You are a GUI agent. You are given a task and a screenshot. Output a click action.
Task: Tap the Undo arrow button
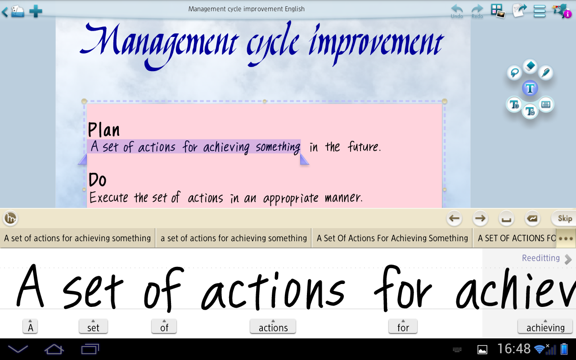pos(457,10)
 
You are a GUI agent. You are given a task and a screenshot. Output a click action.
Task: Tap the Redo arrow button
pos(477,10)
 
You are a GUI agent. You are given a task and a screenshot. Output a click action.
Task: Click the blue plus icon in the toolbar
pos(36,11)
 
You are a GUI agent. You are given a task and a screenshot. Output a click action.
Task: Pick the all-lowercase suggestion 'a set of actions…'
pos(234,238)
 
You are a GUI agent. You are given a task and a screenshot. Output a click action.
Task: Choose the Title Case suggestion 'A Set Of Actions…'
pos(392,238)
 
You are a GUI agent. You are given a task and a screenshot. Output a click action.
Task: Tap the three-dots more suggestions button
pos(566,238)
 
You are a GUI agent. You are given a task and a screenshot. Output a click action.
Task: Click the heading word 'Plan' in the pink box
pos(104,130)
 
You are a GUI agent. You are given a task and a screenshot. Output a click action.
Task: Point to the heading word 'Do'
pos(98,180)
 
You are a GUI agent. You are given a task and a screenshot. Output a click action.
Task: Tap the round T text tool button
pos(530,88)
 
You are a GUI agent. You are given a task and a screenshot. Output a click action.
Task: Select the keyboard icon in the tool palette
pos(546,104)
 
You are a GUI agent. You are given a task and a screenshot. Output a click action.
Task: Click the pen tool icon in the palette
pos(545,72)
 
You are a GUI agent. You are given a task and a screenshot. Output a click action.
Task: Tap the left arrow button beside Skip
pos(454,219)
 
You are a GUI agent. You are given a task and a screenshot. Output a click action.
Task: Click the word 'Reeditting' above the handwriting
pos(541,258)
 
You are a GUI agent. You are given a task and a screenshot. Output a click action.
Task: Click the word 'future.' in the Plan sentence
pos(364,147)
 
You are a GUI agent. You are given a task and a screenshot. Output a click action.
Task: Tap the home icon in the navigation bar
pos(54,349)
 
